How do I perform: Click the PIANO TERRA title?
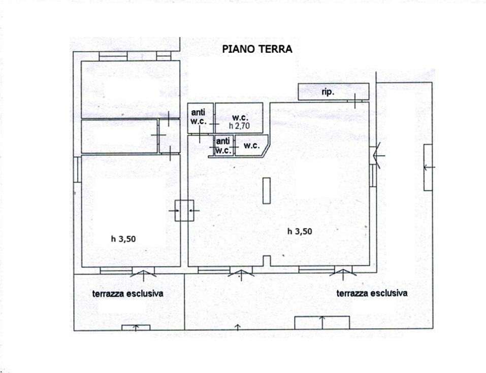pos(257,49)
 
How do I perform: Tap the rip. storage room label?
pos(328,92)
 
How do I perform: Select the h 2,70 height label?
pos(239,126)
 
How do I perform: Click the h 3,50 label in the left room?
pos(123,239)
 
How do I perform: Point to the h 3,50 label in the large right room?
pos(300,231)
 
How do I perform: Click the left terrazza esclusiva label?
pos(127,293)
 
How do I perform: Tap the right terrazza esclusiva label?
pos(372,293)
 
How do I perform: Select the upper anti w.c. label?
pos(199,117)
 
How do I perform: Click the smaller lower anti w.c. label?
pos(223,146)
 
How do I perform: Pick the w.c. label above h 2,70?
pos(240,118)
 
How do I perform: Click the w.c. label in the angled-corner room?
pos(252,145)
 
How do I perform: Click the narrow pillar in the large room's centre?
pos(266,190)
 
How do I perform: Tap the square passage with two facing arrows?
pos(184,211)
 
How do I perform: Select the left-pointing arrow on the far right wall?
pos(429,167)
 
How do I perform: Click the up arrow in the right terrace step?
pos(322,322)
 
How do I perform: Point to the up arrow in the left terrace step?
pos(136,328)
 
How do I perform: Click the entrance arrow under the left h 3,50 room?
pos(143,275)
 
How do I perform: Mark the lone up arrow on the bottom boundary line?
pos(238,327)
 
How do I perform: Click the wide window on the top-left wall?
pos(113,56)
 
